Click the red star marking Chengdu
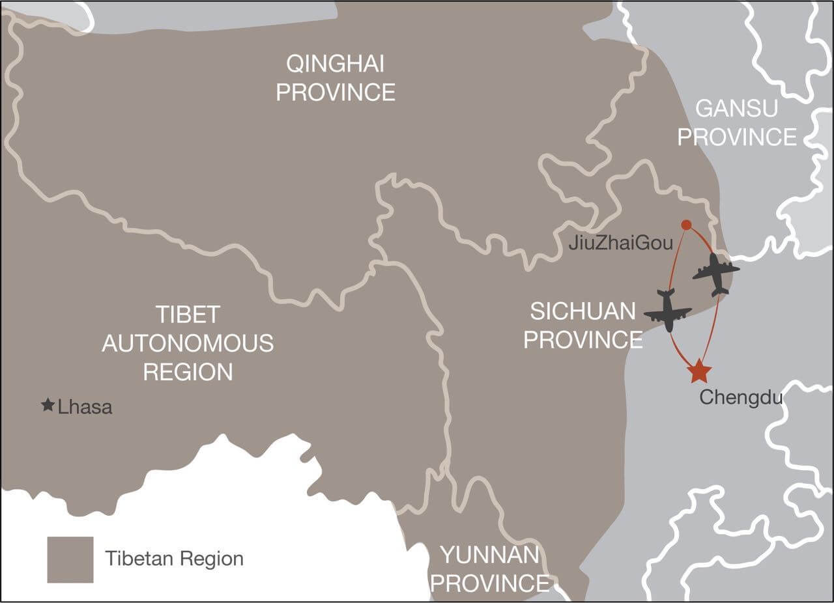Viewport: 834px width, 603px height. pyautogui.click(x=699, y=371)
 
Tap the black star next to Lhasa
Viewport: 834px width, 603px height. pyautogui.click(x=48, y=406)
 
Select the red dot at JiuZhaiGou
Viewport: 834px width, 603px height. pyautogui.click(x=686, y=225)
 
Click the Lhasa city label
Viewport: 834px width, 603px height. pyautogui.click(x=85, y=408)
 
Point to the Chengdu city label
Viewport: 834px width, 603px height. pyautogui.click(x=741, y=397)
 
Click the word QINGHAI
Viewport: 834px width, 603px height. pyautogui.click(x=335, y=64)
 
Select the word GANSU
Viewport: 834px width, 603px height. pyautogui.click(x=736, y=108)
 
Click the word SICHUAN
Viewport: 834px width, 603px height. pyautogui.click(x=582, y=311)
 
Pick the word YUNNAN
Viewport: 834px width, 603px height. pyautogui.click(x=489, y=555)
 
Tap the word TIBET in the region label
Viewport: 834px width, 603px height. pyautogui.click(x=188, y=315)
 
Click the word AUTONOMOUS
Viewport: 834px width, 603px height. pyautogui.click(x=188, y=343)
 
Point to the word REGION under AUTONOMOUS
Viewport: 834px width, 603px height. pyautogui.click(x=188, y=372)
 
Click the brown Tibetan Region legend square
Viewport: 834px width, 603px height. pyautogui.click(x=70, y=559)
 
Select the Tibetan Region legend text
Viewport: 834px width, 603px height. pyautogui.click(x=174, y=559)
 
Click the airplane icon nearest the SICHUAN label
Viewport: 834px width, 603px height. pyautogui.click(x=668, y=312)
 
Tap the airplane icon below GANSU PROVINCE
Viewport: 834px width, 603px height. pyautogui.click(x=716, y=273)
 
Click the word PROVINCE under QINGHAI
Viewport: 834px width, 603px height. pyautogui.click(x=335, y=92)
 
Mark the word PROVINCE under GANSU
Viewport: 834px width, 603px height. pyautogui.click(x=741, y=137)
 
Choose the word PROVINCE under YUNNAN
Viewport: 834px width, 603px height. pyautogui.click(x=489, y=583)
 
